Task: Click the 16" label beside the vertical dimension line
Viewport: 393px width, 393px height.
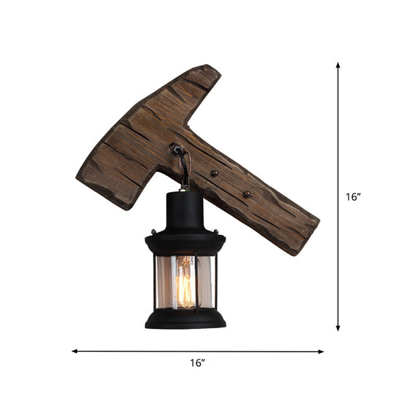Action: (x=352, y=196)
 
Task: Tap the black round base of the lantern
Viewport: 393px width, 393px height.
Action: (x=185, y=317)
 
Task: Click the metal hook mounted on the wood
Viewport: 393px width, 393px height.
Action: (x=177, y=149)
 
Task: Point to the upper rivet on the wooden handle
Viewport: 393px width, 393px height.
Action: (x=214, y=172)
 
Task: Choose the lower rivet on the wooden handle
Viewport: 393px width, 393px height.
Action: (x=247, y=194)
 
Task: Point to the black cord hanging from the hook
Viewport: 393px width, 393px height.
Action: (x=186, y=171)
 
